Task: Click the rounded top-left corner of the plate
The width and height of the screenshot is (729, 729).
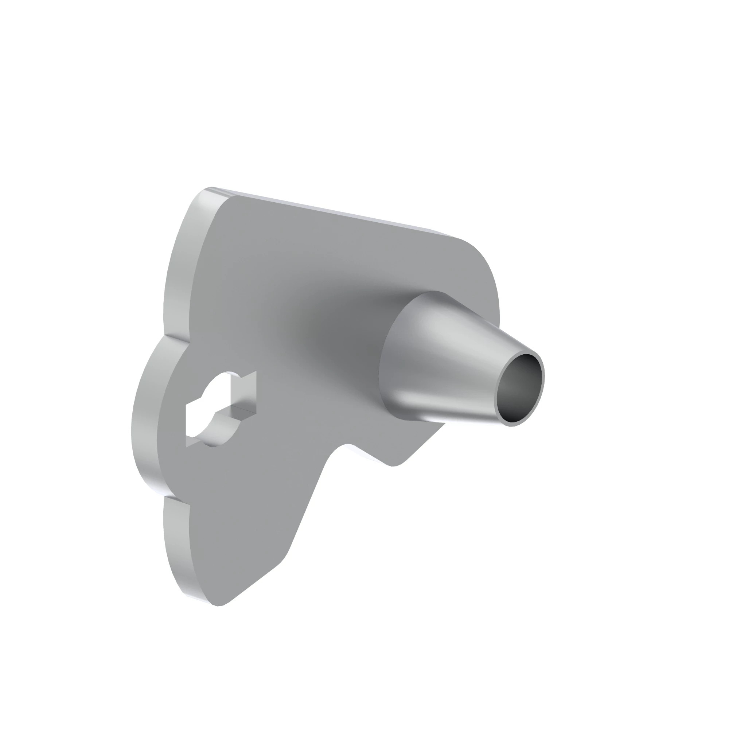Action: pos(211,196)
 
